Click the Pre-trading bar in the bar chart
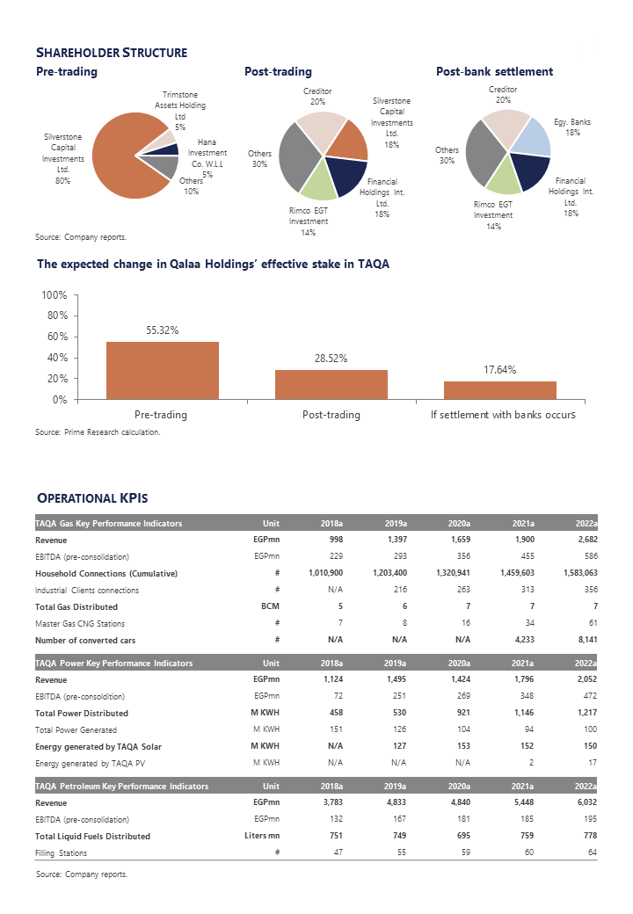pos(162,370)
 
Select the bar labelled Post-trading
pos(331,384)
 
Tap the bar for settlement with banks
pos(499,389)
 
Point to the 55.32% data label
pos(162,330)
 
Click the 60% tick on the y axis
pos(56,337)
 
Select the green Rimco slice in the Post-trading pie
pos(319,181)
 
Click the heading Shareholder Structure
pos(112,53)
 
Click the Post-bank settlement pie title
pos(494,72)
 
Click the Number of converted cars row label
pos(86,640)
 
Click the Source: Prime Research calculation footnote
pos(98,432)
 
